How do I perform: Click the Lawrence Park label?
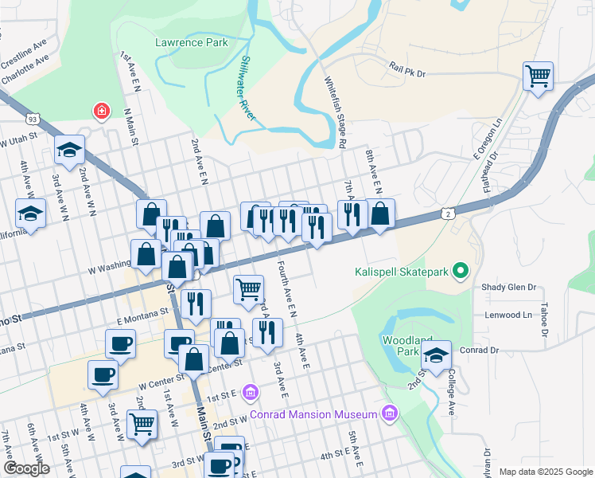(x=191, y=43)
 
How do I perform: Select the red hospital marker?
(x=101, y=110)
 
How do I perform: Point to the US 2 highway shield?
(x=449, y=214)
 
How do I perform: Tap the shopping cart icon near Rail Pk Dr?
(x=539, y=77)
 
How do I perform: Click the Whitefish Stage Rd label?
(x=336, y=112)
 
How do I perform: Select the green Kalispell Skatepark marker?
(x=459, y=272)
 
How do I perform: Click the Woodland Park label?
(x=401, y=346)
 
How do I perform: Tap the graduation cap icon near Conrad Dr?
(x=436, y=355)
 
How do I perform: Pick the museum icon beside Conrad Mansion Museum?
(x=389, y=412)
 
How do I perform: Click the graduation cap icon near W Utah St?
(x=69, y=149)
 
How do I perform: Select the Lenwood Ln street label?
(x=507, y=315)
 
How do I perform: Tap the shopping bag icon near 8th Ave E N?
(x=380, y=214)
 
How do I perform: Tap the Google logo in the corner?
(x=25, y=468)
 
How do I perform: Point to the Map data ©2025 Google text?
(x=545, y=472)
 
